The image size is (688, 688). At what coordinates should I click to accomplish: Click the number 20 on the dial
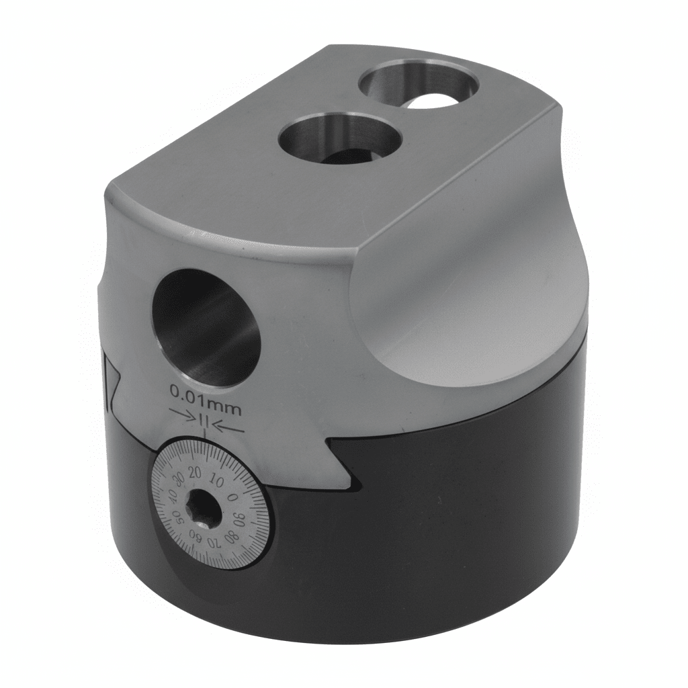(195, 472)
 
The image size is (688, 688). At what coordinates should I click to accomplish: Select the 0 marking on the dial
(233, 497)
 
